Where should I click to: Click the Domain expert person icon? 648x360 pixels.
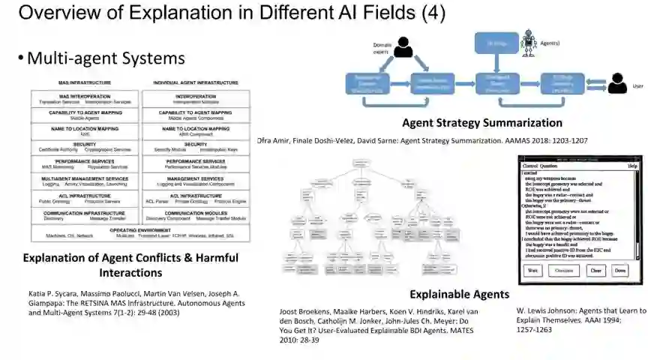404,49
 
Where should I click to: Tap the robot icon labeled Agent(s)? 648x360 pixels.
529,40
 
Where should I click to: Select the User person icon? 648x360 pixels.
617,82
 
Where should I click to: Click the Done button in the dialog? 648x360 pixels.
620,270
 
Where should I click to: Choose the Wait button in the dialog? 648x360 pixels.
533,270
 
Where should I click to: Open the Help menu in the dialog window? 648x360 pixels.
632,165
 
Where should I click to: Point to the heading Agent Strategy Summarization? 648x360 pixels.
481,123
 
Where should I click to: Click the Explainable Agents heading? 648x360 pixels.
459,294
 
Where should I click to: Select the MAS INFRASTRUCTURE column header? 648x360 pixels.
85,82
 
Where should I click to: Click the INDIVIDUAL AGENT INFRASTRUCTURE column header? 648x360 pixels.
196,82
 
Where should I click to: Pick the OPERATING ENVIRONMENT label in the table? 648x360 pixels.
139,229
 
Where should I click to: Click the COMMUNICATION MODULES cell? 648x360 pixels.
196,213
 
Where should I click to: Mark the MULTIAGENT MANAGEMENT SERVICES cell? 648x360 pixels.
85,178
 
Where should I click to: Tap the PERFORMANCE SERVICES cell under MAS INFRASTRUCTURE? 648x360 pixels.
85,161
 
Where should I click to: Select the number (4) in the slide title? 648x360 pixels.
431,13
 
